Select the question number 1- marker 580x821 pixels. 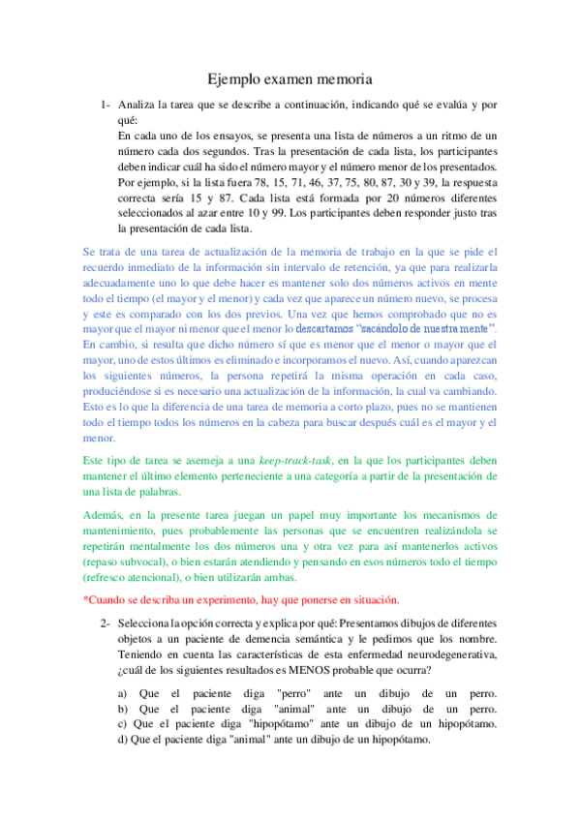(106, 104)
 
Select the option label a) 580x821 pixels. (123, 695)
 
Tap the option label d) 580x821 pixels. (123, 739)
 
